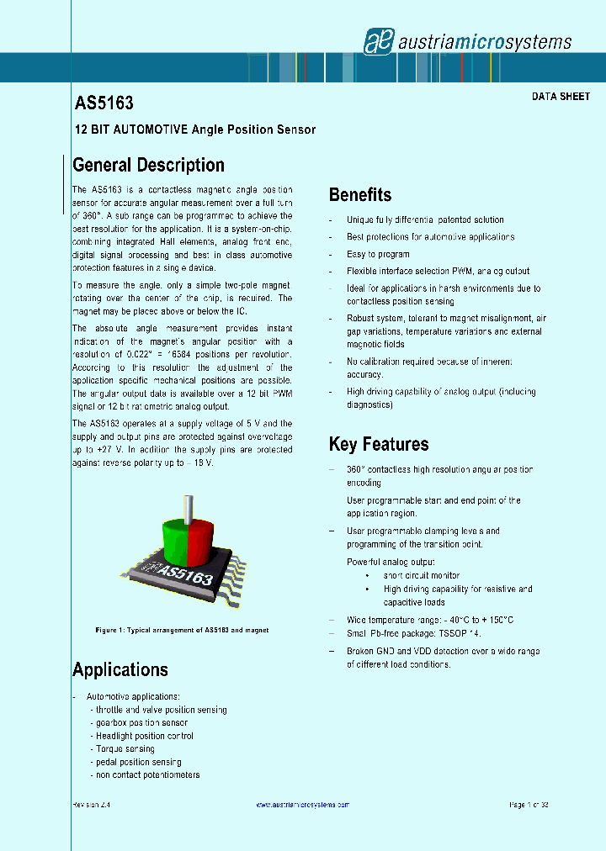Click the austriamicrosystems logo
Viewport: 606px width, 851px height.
pos(467,41)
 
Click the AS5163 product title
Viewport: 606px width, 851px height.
pos(103,103)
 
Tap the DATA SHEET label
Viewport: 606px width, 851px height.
pos(561,97)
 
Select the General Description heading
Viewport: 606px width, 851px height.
pos(148,165)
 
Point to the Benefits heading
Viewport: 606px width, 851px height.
pos(359,195)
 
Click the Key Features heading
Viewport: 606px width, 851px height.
pos(378,444)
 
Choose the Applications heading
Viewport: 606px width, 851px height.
pos(120,669)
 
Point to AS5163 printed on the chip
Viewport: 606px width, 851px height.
pos(185,577)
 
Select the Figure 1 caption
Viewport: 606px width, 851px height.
pos(182,630)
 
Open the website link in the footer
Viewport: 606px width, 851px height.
pos(301,805)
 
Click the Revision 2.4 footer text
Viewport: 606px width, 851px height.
pos(92,805)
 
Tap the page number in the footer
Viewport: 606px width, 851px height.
pos(529,805)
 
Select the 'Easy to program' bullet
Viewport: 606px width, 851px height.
pos(378,254)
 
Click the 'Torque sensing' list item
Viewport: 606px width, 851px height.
pos(125,748)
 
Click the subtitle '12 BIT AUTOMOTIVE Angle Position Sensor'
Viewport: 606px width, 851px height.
pos(195,129)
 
